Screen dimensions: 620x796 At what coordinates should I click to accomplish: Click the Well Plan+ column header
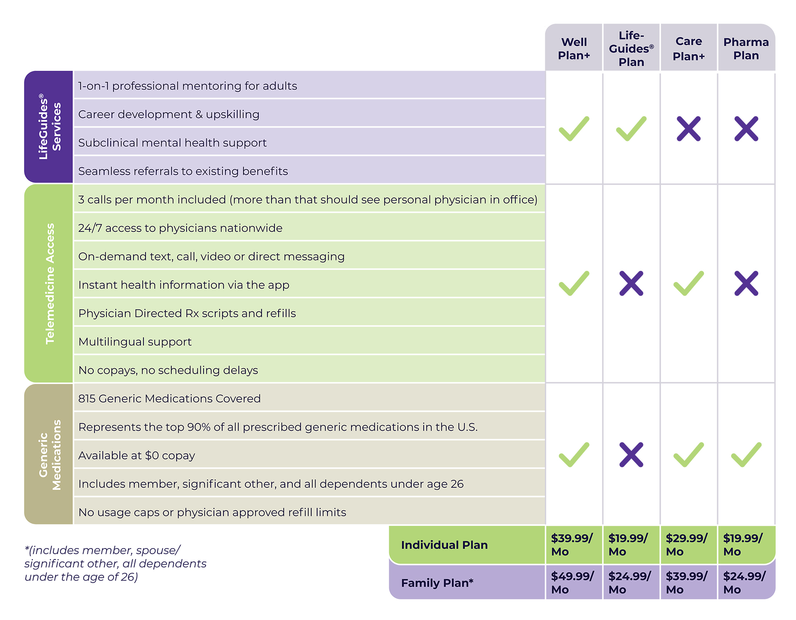click(574, 49)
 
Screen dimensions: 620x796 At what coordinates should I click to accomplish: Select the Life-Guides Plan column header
click(631, 49)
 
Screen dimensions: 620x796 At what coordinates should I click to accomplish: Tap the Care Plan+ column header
click(689, 49)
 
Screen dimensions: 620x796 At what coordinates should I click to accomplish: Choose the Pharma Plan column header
click(746, 49)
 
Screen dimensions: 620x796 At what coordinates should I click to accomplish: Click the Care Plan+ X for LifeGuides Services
click(689, 129)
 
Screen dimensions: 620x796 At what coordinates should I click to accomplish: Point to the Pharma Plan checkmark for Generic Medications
click(746, 455)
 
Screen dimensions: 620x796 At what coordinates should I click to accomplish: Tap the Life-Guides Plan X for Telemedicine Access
click(631, 283)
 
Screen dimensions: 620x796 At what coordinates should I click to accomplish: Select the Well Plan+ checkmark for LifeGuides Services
click(574, 129)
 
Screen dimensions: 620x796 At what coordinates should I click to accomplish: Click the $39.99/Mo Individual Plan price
click(572, 545)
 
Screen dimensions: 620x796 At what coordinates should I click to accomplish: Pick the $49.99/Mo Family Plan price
click(572, 582)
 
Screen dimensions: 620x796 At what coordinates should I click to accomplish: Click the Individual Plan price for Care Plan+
click(687, 545)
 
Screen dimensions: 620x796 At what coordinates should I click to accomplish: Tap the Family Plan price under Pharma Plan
click(744, 582)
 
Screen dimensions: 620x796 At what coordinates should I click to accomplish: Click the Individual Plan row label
click(444, 545)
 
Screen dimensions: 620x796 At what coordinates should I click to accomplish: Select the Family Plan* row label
click(437, 583)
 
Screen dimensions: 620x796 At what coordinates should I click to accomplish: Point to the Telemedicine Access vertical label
click(50, 284)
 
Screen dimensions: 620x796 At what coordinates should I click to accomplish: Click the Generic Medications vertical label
click(50, 455)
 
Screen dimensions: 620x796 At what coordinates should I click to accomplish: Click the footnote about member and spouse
click(115, 563)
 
